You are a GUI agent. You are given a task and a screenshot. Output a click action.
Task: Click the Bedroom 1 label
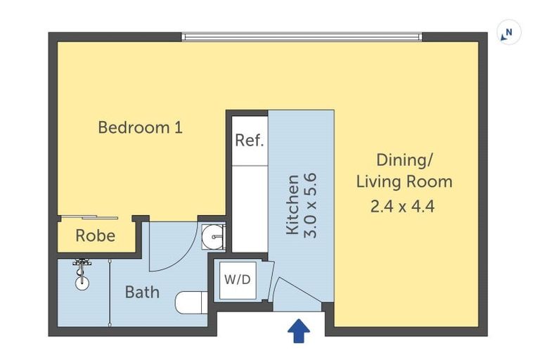coord(140,128)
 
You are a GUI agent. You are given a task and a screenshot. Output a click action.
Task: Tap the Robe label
coord(95,236)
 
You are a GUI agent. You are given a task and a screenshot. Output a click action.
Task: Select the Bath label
coord(142,291)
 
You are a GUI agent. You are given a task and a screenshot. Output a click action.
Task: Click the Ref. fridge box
coord(249,141)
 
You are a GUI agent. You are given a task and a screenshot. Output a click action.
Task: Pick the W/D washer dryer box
coord(237,279)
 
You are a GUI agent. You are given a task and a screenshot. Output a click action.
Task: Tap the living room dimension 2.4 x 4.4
coord(404,208)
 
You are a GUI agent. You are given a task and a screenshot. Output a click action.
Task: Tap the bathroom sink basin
coord(212,236)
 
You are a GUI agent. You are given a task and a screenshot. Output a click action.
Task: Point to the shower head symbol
coord(83,266)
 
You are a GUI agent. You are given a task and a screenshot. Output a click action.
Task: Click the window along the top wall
coord(302,36)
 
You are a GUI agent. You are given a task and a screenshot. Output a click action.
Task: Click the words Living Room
coord(404,182)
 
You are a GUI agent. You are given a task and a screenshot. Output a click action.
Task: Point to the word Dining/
coord(404,160)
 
